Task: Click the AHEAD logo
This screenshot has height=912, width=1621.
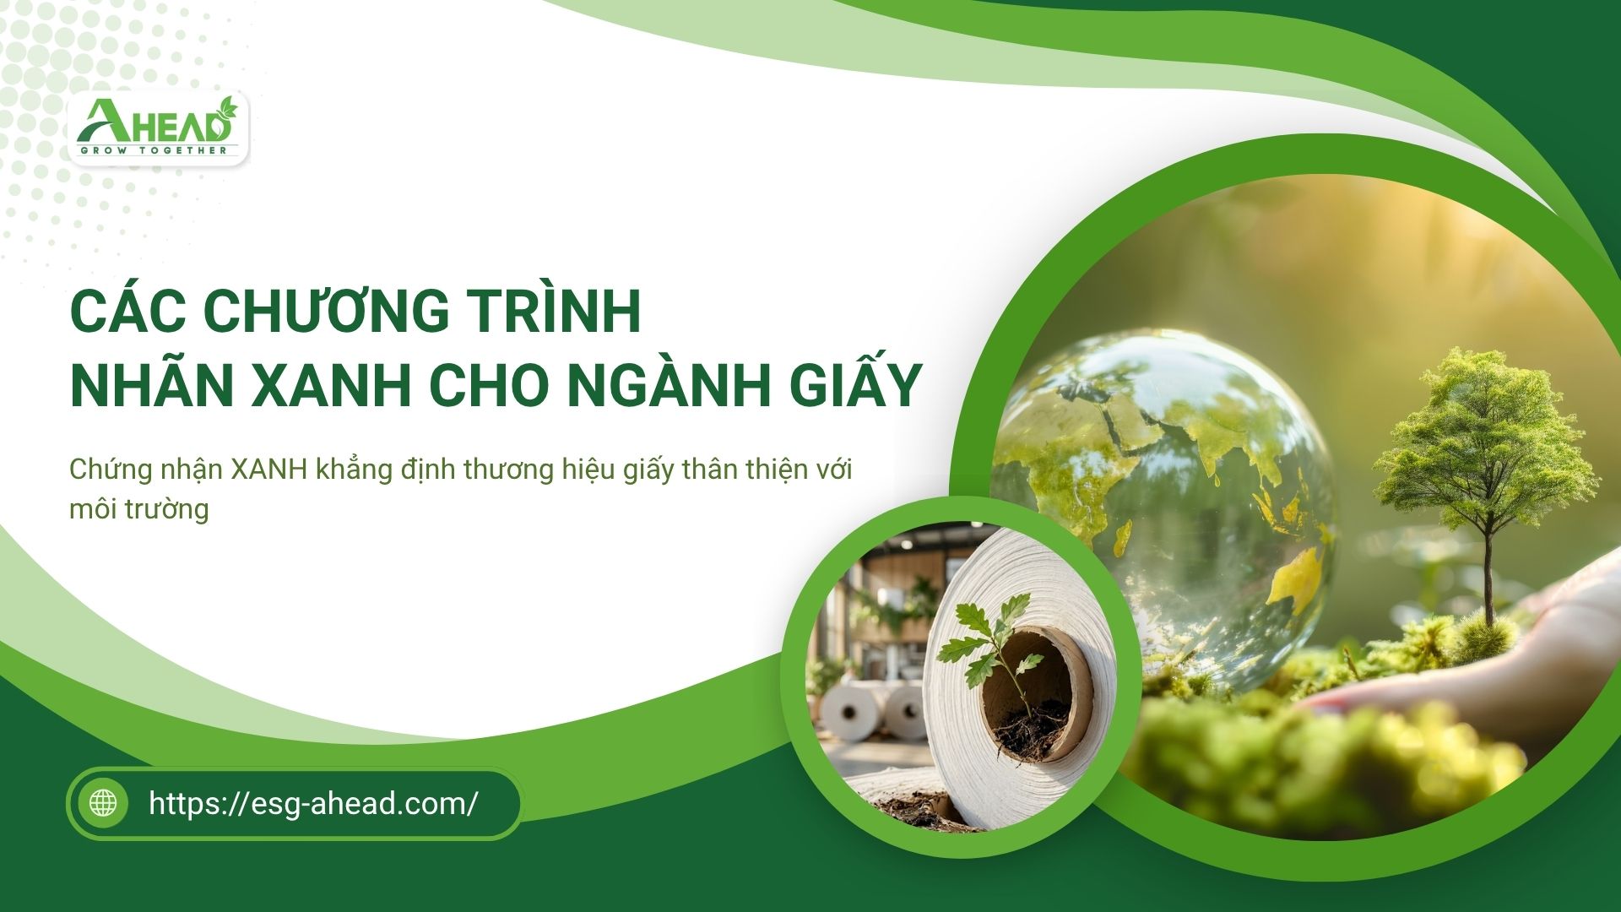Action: pos(159,128)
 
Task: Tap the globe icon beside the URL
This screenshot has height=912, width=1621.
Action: pos(103,802)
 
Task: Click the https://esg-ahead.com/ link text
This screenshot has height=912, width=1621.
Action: pos(313,802)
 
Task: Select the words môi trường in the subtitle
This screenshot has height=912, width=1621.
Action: pos(138,509)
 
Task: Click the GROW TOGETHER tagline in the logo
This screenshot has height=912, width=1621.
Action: pos(153,150)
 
